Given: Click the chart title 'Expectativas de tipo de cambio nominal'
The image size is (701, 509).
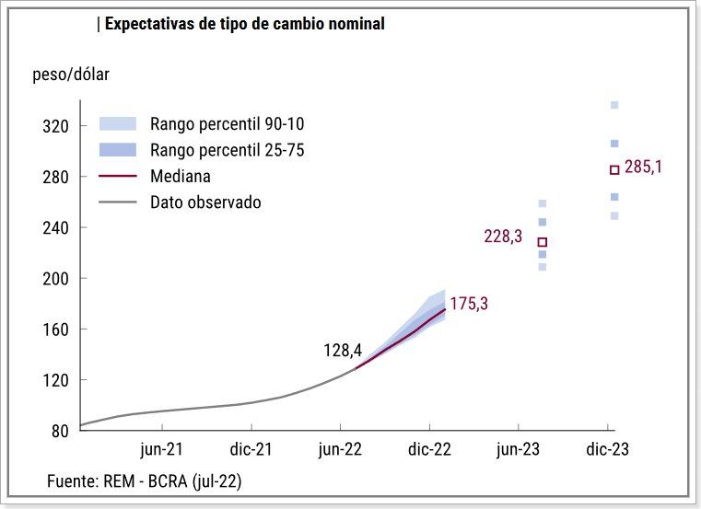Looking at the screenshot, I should point(244,24).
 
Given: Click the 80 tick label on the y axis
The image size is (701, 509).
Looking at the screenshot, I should point(61,431).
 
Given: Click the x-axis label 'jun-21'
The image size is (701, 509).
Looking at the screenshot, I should point(162,450).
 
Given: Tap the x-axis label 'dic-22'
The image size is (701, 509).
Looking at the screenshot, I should point(429,450).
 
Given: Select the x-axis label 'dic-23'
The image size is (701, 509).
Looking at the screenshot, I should point(608,450).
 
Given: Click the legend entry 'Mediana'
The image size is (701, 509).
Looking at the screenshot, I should point(181,176).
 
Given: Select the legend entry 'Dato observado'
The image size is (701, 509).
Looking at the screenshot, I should point(205,202).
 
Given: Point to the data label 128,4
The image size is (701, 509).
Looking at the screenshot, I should point(343,351).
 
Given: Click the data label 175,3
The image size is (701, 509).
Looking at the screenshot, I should point(469,304).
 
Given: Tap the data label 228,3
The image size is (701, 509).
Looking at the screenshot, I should point(503,237).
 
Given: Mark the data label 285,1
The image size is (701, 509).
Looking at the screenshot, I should point(644,168).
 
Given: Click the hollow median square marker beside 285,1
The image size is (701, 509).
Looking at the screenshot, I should point(614,169).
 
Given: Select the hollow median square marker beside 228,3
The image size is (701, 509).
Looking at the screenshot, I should point(543,242).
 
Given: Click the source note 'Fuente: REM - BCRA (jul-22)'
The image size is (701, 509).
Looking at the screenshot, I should point(145,480).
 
